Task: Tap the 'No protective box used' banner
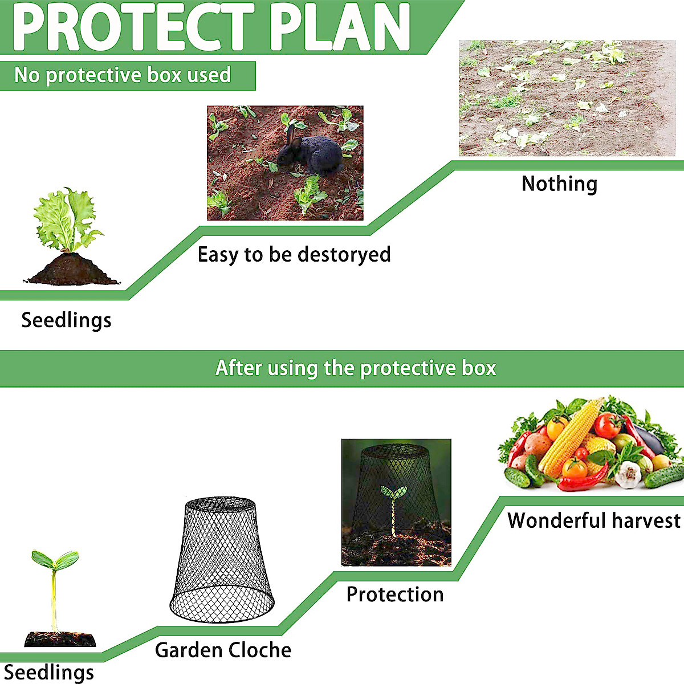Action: point(123,75)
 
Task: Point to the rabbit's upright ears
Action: point(291,134)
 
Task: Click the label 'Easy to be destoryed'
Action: point(294,254)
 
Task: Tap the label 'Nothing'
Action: point(559,184)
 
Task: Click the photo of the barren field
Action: point(567,98)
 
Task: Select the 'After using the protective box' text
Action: point(356,368)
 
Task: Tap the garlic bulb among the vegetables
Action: point(629,474)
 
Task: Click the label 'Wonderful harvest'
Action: point(593,520)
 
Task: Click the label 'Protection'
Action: point(395,595)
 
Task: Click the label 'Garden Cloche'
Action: point(223,650)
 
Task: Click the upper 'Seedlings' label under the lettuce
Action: point(66,320)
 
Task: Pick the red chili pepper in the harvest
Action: point(579,482)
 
